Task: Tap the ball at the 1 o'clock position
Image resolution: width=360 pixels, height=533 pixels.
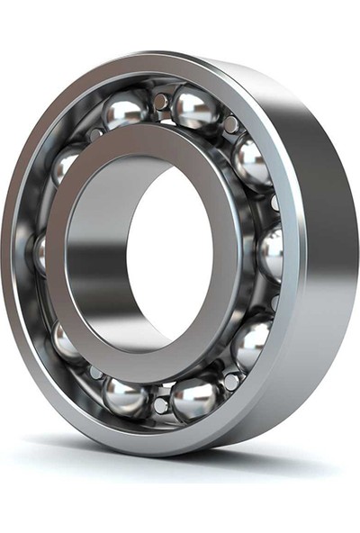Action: click(195, 107)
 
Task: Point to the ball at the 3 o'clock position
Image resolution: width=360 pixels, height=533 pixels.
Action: click(269, 251)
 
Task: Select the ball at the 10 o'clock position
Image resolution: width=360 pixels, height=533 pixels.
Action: click(67, 163)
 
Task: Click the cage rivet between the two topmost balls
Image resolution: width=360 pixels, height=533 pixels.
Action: click(161, 102)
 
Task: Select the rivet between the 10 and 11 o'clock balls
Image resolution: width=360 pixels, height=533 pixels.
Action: click(94, 133)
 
